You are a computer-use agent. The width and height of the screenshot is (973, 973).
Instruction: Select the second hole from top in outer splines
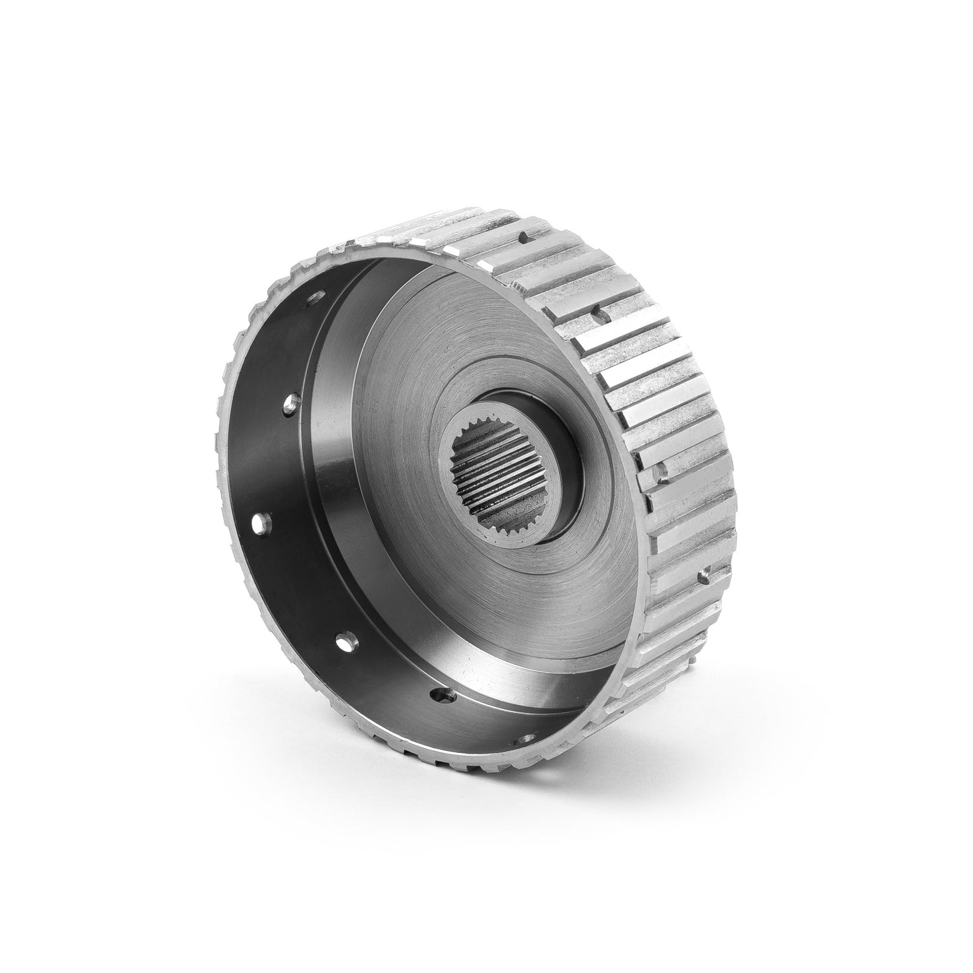(597, 311)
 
